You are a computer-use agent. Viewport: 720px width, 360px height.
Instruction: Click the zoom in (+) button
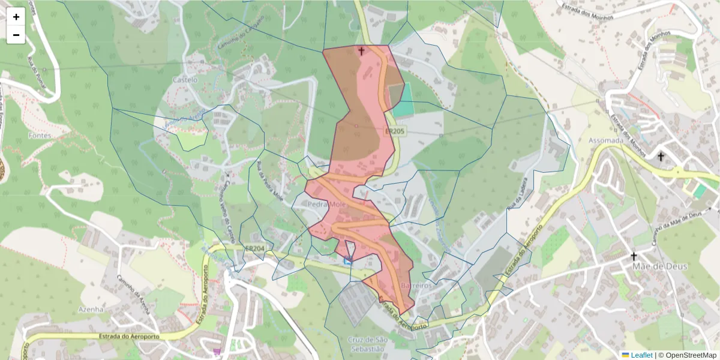[16, 17]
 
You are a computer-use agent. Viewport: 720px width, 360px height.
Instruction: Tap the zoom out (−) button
[16, 35]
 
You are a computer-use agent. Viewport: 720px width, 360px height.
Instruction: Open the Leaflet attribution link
[637, 355]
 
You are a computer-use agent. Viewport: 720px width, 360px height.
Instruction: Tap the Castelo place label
[185, 79]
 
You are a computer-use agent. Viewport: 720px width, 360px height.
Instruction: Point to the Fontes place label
[40, 136]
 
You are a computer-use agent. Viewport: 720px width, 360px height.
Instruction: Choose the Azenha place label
[92, 309]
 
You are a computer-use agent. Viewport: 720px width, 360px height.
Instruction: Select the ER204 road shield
[254, 248]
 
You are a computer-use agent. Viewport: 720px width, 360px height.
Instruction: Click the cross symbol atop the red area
[361, 51]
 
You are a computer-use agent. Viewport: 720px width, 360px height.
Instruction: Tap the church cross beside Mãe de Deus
[633, 257]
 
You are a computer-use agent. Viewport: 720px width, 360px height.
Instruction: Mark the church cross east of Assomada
[661, 157]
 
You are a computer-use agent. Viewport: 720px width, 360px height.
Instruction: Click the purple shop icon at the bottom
[217, 352]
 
